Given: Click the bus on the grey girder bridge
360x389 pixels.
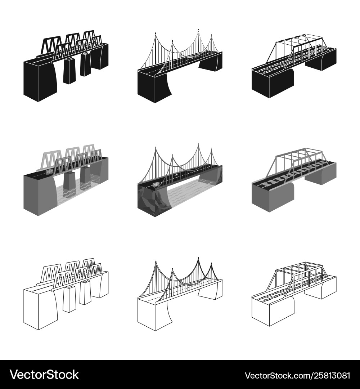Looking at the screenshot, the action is [49, 171].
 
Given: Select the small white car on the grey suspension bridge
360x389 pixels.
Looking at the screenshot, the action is [176, 175].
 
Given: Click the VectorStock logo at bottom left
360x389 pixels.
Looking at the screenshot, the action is [44, 375].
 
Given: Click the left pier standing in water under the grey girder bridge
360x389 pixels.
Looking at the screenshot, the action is [69, 185].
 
